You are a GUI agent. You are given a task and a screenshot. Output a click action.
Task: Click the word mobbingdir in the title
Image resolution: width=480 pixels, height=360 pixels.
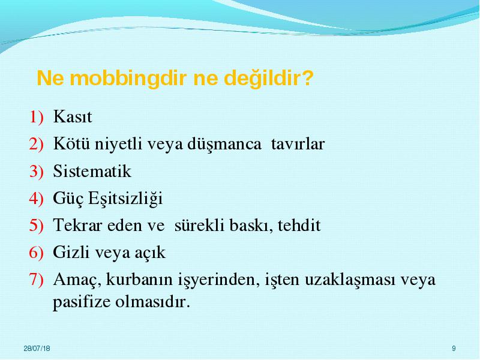click(x=128, y=79)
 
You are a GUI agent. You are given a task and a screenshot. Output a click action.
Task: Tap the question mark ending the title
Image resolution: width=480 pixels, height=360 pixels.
click(x=307, y=78)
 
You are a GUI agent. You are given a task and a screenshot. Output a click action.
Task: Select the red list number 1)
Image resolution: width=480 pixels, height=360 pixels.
click(x=37, y=117)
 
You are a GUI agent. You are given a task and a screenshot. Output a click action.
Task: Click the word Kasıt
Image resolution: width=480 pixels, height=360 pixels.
click(x=73, y=116)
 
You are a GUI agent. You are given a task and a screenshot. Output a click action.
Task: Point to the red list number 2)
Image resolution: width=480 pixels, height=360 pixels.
click(x=37, y=144)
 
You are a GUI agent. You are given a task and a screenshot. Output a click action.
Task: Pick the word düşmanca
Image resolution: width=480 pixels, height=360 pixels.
click(x=224, y=144)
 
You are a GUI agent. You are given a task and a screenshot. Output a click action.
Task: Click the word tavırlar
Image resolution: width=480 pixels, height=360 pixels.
click(x=298, y=144)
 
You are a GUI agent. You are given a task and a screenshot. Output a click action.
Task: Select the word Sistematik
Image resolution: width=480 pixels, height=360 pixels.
click(x=92, y=171)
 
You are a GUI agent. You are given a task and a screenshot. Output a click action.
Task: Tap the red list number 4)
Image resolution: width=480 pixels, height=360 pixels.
click(x=37, y=199)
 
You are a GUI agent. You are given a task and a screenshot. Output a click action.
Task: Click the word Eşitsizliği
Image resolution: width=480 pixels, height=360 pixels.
click(x=125, y=199)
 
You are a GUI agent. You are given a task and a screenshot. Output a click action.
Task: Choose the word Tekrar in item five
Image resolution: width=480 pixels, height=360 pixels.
click(x=78, y=226)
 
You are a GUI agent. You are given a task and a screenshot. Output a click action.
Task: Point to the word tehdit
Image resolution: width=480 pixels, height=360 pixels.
click(x=299, y=226)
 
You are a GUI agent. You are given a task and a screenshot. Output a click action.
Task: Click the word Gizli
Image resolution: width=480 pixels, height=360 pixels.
click(x=71, y=252)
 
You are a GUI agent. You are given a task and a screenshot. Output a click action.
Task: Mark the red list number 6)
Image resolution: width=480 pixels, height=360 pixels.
click(x=37, y=253)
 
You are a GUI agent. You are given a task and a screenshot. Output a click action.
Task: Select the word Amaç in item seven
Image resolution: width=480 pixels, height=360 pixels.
click(x=77, y=280)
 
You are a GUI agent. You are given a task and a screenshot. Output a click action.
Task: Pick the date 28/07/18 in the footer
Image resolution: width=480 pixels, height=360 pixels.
click(x=37, y=349)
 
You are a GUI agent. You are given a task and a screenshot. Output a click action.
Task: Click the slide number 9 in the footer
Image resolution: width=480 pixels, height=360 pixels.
click(x=454, y=349)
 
